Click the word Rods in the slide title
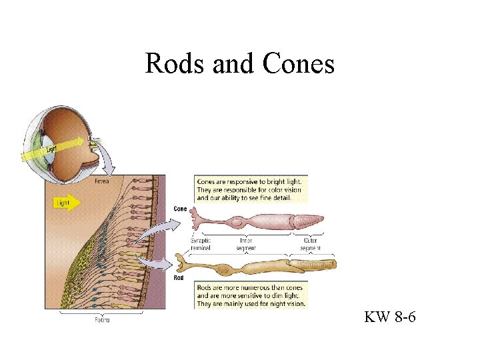pos(175,64)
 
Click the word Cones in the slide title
pos(299,64)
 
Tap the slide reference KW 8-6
pos(390,317)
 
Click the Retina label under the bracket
pos(102,320)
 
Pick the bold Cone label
pos(180,209)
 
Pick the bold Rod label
pos(179,277)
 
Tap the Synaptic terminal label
pos(203,243)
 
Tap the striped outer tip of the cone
pos(309,220)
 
